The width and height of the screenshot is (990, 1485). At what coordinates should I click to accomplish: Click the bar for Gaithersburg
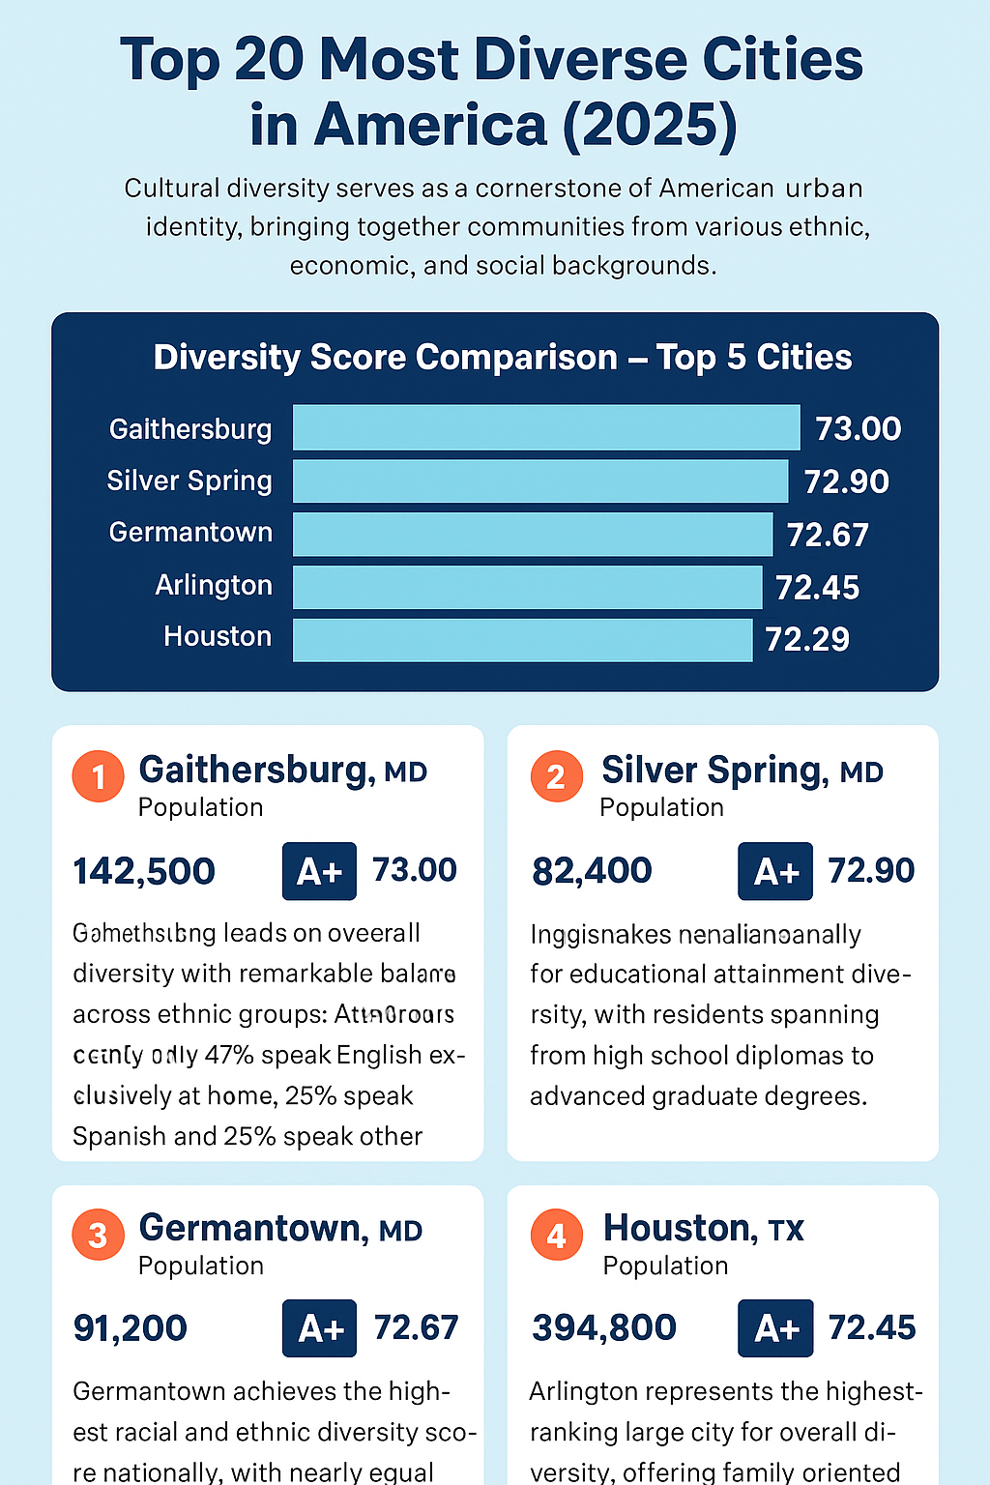tap(546, 427)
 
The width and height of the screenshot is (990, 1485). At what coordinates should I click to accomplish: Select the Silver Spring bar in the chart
tap(540, 480)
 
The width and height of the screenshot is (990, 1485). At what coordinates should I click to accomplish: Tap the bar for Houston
tap(522, 640)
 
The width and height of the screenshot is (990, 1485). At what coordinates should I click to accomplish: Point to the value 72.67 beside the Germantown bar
tap(828, 535)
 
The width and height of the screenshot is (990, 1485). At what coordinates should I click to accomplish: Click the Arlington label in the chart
tap(214, 586)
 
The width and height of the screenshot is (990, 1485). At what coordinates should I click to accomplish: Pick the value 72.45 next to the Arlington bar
tap(817, 588)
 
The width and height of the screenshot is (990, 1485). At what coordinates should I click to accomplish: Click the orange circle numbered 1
tap(98, 776)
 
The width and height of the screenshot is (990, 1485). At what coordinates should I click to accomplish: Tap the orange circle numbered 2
tap(556, 776)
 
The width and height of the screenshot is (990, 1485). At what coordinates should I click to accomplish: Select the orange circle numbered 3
tap(98, 1235)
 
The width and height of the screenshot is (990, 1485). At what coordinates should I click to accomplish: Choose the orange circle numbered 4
tap(556, 1235)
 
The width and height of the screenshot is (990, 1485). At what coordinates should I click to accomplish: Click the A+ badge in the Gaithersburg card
tap(319, 871)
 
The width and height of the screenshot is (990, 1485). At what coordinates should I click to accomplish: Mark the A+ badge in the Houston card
tap(775, 1328)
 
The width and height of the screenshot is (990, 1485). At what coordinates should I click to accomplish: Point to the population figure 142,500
tap(144, 871)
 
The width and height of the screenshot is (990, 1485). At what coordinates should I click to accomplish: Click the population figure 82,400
tap(592, 871)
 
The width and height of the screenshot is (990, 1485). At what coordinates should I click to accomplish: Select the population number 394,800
tap(604, 1328)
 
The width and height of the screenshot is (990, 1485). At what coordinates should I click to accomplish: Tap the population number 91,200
tap(131, 1328)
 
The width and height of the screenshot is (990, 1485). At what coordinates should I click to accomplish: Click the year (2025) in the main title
tap(649, 126)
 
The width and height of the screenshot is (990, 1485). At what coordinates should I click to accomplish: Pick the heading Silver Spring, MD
tap(742, 771)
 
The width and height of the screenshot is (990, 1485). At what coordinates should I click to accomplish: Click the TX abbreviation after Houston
tap(786, 1231)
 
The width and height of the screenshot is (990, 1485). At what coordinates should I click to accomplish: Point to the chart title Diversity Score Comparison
tap(385, 358)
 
